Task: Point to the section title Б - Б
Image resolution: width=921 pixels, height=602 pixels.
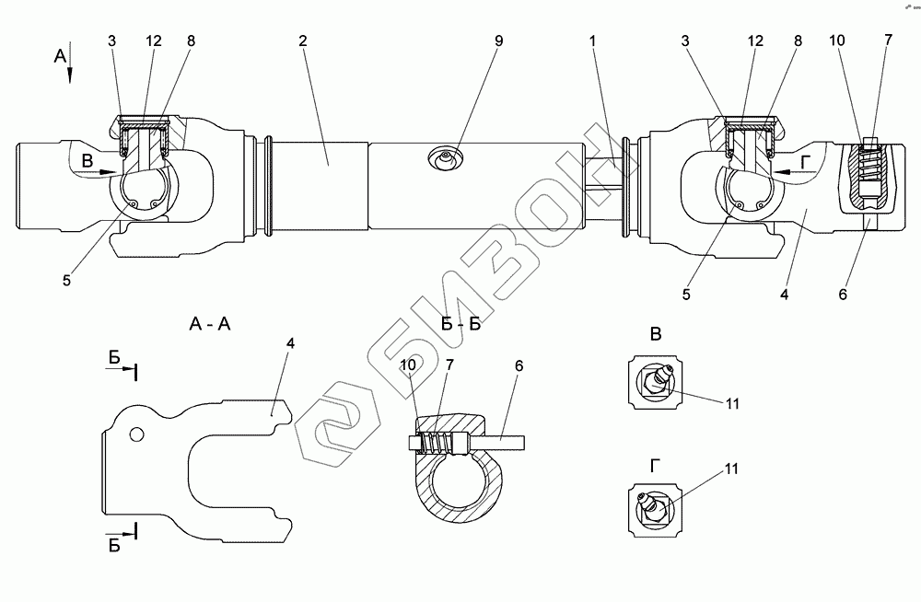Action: tap(460, 324)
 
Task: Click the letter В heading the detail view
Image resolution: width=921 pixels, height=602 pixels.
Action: tap(656, 334)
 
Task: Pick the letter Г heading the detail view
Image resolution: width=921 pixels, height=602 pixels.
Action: tap(653, 466)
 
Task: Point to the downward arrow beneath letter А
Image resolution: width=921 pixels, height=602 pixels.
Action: tap(70, 74)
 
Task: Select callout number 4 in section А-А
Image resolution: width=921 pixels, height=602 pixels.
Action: tap(290, 343)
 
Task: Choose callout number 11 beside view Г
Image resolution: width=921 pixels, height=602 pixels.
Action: tap(730, 469)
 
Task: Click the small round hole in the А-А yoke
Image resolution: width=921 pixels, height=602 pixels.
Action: tap(135, 433)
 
